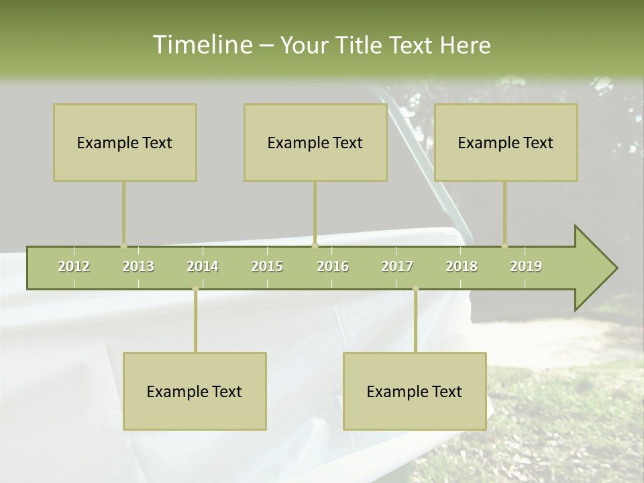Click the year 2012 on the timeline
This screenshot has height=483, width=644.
74,266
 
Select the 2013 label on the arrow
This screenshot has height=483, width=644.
138,266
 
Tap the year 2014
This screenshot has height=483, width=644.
203,266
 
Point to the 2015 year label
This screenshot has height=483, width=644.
267,266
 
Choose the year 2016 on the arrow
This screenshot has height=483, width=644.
333,266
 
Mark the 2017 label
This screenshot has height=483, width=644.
397,266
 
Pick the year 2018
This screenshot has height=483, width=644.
462,266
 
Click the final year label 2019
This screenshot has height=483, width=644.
526,266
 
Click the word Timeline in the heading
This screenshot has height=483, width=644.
201,45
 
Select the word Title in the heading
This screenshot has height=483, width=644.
362,46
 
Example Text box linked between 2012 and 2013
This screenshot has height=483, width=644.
125,142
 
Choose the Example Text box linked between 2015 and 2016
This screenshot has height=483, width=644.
315,142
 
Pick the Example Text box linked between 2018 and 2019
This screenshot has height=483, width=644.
506,142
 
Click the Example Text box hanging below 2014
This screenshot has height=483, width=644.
195,391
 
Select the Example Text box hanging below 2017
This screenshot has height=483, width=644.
415,391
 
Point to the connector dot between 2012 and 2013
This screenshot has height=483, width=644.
123,246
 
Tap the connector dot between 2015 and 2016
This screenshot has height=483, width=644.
315,246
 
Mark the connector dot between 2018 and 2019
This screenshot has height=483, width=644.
505,246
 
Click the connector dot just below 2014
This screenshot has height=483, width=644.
195,289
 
